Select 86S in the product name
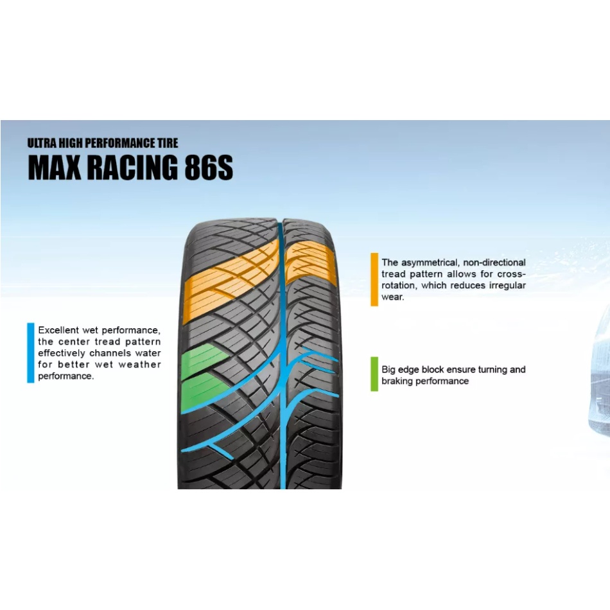(209, 168)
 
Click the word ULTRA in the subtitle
(41, 143)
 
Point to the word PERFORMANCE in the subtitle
(121, 143)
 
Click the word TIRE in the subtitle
(168, 143)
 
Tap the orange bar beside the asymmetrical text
(374, 279)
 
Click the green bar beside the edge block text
(374, 374)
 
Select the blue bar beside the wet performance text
(31, 353)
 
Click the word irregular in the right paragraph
(507, 285)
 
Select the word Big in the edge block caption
(388, 370)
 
